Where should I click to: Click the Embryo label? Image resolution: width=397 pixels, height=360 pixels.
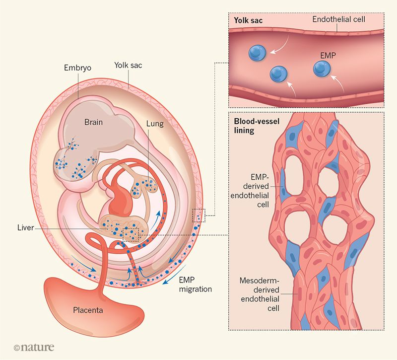point(77,68)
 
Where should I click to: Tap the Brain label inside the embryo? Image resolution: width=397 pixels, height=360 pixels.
point(93,122)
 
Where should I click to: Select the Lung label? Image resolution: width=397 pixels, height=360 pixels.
point(155,124)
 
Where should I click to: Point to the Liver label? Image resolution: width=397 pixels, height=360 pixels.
point(26,227)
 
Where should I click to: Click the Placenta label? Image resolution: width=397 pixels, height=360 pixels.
point(88,310)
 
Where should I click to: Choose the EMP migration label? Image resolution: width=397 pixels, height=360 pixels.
point(195,285)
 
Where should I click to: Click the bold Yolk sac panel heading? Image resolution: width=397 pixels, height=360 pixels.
point(248,20)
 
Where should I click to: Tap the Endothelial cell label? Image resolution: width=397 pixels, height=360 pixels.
point(338,19)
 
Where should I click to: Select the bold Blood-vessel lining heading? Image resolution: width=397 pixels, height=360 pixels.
point(257,126)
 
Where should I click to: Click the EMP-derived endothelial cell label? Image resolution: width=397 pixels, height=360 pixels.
point(250,191)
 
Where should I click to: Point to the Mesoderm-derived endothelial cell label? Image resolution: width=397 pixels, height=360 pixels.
point(260,294)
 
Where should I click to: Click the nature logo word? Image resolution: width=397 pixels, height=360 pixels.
point(37,347)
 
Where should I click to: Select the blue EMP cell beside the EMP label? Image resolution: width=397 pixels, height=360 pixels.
point(322,69)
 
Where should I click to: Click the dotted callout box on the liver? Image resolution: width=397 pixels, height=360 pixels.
point(131,234)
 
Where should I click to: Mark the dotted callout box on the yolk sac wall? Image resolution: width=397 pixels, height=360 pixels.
point(198,216)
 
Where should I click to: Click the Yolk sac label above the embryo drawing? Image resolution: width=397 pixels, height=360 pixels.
point(128,66)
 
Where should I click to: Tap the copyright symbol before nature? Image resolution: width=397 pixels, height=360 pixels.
point(17,348)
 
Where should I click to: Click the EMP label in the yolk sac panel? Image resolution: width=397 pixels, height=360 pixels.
point(328,56)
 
